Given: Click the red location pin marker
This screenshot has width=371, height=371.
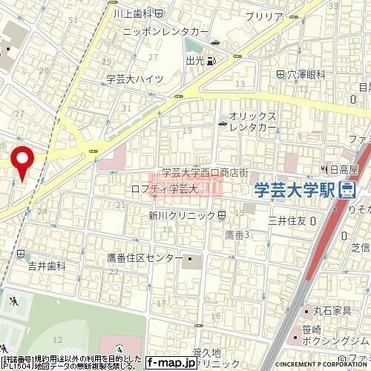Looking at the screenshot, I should (23, 162).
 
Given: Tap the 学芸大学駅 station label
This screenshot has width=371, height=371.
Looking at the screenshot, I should (293, 189).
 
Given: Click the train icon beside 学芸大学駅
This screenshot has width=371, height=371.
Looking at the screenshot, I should (347, 190).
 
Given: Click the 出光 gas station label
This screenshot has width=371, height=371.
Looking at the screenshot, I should (197, 61).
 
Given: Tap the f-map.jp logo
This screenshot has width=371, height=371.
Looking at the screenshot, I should (172, 363).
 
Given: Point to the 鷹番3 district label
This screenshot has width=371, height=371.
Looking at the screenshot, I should (236, 235).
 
